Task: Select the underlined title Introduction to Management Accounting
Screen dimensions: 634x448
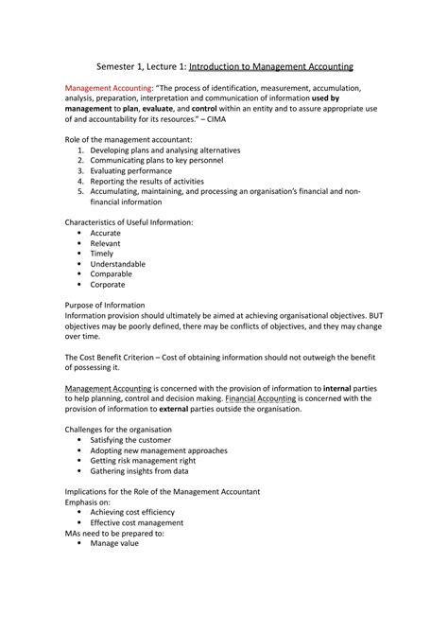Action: coord(271,68)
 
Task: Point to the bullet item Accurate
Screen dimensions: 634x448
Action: coord(105,233)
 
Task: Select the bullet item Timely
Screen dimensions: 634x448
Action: coord(101,254)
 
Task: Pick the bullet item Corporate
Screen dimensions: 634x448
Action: coord(107,285)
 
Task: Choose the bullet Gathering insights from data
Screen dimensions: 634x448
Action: coord(138,471)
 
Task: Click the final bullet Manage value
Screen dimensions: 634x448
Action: coord(114,544)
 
